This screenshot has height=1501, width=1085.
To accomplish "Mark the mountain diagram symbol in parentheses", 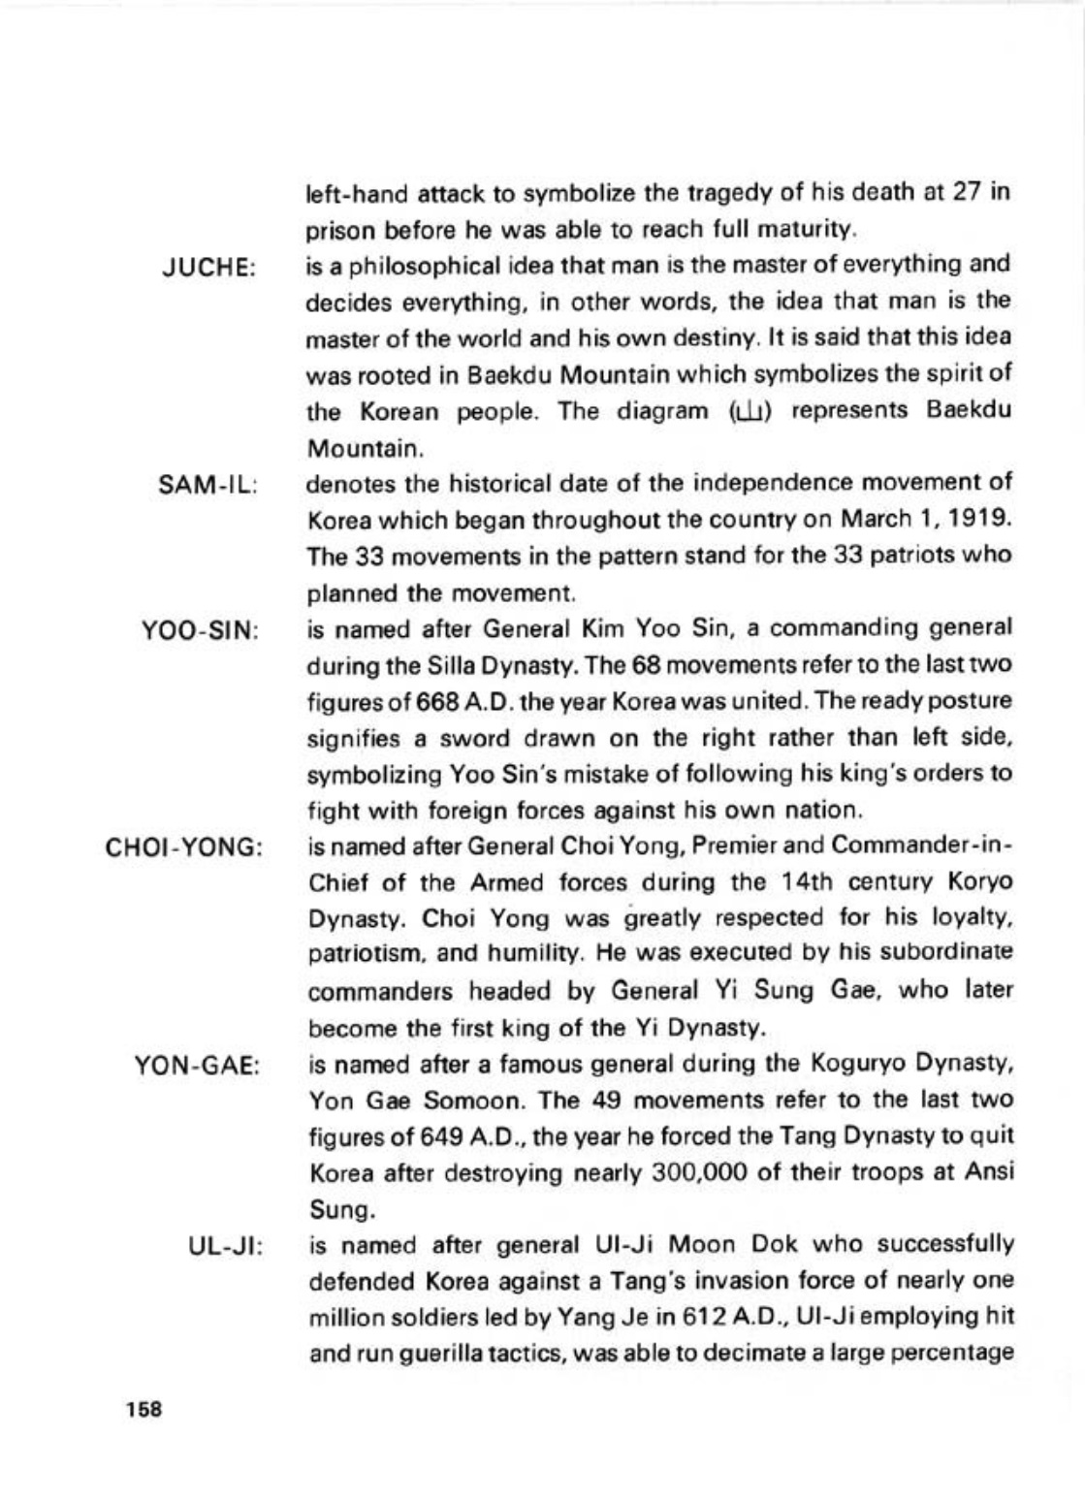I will [756, 412].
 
